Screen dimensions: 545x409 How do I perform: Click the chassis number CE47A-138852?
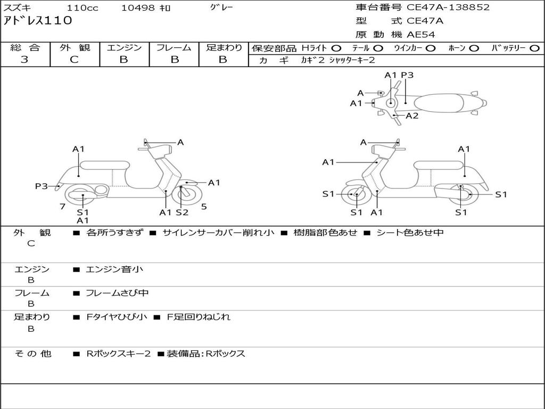pos(448,7)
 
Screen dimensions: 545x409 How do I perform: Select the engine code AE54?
pos(420,35)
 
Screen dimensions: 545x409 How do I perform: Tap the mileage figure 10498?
pos(138,7)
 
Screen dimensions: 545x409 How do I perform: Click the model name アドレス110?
pos(38,20)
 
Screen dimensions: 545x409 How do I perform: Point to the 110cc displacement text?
pos(82,7)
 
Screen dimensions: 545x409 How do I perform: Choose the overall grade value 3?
pos(24,59)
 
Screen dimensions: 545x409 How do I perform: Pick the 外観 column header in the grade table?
pos(75,47)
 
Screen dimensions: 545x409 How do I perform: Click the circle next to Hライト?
pos(336,48)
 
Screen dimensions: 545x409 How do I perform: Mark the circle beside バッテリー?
pos(534,48)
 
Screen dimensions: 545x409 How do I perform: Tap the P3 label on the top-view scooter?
pos(407,75)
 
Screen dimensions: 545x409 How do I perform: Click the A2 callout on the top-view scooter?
pos(412,116)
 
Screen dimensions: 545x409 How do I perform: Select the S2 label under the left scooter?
pos(182,212)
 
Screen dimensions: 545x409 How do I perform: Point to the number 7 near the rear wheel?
pos(63,207)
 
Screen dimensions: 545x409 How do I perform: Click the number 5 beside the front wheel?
pos(204,207)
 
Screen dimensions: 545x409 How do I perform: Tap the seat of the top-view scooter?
pos(439,103)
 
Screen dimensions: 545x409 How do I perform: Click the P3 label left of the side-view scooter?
pos(42,186)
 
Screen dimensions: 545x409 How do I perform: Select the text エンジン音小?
pos(114,269)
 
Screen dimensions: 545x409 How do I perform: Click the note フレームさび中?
pos(117,293)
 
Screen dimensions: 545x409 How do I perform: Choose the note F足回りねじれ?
pos(199,317)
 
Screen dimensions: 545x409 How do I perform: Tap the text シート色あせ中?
pos(410,232)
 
